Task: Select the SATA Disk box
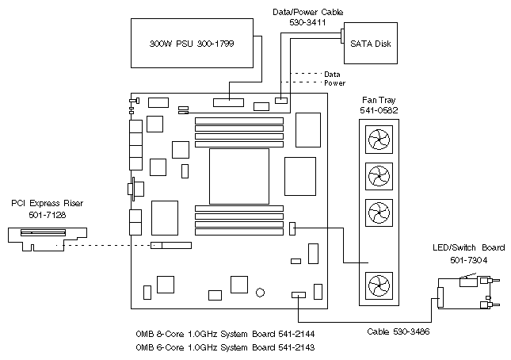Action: pos(370,43)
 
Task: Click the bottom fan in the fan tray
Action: pos(377,284)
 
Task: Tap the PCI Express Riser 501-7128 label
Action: pos(47,209)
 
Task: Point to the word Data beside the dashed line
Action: pos(333,74)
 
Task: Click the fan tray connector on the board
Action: pos(292,228)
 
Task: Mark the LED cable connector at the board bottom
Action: pos(299,295)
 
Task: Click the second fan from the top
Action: pos(377,175)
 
